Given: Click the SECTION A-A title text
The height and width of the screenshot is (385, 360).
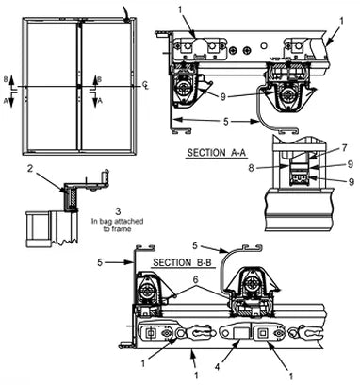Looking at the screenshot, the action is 217,153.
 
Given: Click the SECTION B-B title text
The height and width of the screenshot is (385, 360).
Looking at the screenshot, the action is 183,262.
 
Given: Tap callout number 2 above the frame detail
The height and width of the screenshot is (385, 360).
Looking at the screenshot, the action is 30,169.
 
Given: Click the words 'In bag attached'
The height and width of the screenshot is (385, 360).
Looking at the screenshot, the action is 117,221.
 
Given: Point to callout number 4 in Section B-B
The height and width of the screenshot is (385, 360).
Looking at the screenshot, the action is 219,366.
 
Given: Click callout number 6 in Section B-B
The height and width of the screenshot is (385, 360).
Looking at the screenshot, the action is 196,279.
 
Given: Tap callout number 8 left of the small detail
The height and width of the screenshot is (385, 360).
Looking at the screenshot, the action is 252,168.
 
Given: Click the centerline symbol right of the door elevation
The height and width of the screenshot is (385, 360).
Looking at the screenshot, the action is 145,85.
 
